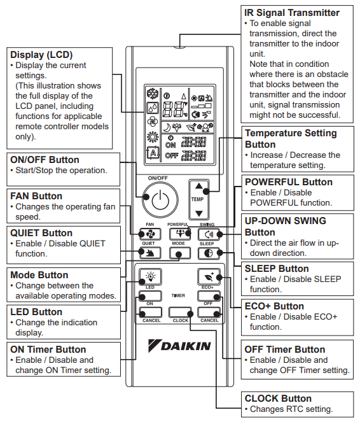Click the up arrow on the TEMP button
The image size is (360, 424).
(x=199, y=186)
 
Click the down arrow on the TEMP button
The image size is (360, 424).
(x=199, y=213)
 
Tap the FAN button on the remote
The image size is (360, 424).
(x=150, y=234)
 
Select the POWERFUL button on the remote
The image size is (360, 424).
(x=180, y=234)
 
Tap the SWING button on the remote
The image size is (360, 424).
(x=209, y=234)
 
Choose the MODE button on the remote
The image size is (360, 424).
(x=180, y=253)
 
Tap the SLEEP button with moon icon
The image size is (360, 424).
(x=209, y=253)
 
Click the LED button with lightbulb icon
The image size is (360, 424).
(x=150, y=277)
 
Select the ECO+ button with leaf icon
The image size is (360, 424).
(x=209, y=277)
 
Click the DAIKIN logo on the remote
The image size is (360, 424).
(x=179, y=346)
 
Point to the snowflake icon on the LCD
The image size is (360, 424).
(x=153, y=94)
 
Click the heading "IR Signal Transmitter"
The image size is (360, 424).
(x=292, y=13)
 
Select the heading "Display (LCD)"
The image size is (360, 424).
(x=41, y=55)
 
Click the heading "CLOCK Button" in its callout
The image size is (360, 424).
(x=278, y=399)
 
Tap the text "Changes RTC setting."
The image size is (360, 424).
(x=291, y=409)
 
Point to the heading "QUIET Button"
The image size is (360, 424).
(x=41, y=233)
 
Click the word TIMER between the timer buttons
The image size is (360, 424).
(x=178, y=295)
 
